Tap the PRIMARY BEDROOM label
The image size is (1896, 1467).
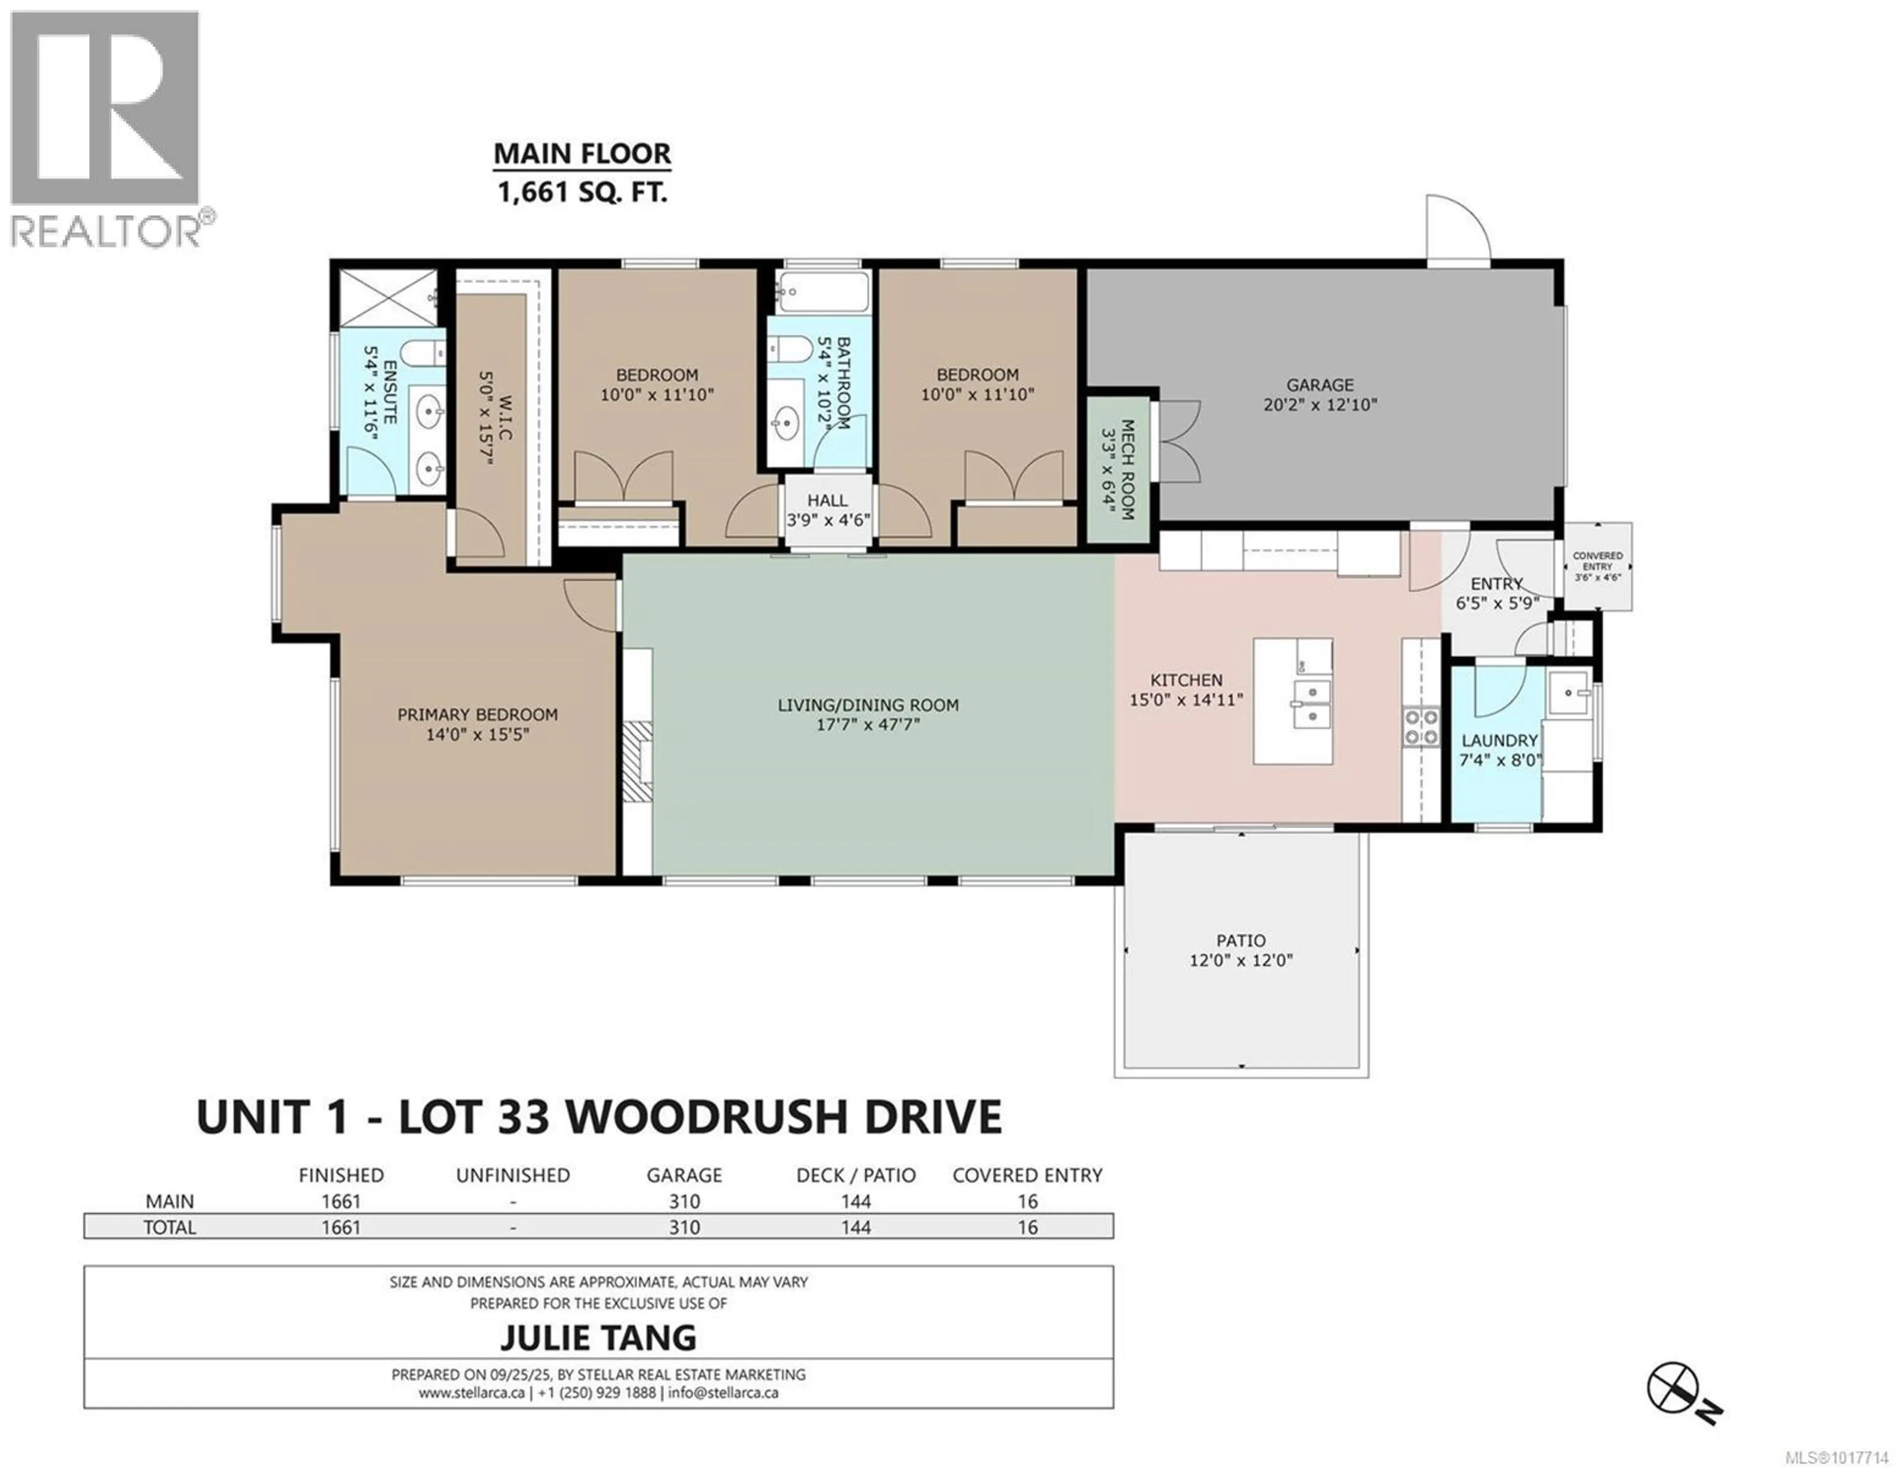(477, 714)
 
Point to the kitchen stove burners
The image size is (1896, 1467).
(1421, 727)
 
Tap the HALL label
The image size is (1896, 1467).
(828, 501)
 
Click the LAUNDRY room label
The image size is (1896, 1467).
(1499, 740)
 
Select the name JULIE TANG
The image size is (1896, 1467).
(598, 1338)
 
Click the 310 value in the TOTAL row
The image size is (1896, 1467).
(684, 1227)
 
